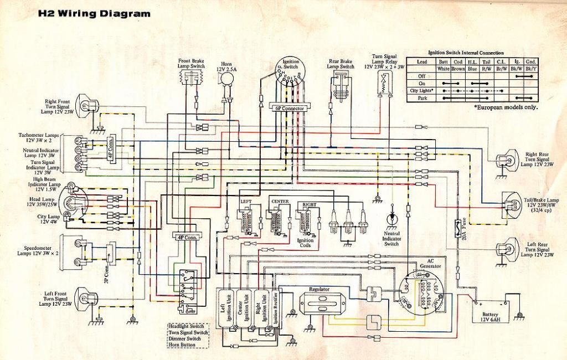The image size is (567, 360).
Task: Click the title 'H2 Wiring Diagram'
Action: click(x=94, y=14)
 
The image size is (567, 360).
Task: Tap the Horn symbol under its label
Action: click(x=226, y=80)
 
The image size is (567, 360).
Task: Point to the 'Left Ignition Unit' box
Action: click(x=227, y=307)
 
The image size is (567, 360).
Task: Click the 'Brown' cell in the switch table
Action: click(x=458, y=69)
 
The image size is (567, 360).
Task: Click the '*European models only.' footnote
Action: click(x=506, y=107)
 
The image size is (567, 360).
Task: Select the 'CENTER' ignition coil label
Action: click(x=279, y=200)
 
